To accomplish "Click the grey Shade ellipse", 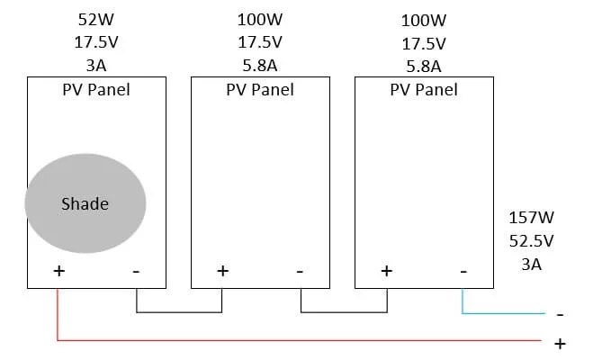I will point(85,204).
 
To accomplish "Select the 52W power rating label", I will point(95,19).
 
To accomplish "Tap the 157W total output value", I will point(530,218).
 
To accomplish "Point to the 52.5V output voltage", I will point(530,241).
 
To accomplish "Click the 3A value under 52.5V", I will point(530,265).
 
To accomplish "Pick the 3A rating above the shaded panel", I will point(95,66).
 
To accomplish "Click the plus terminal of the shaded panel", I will point(58,270).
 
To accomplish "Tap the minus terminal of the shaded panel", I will point(135,270).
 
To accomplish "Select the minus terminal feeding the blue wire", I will point(463,270).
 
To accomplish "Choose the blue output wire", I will point(504,314).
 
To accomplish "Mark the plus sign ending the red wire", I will point(560,343).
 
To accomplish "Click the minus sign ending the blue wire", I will point(560,315).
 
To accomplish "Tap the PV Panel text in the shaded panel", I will point(95,89).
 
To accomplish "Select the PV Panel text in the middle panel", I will point(259,89).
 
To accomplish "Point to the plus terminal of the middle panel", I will point(222,270).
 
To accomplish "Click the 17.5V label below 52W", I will point(95,42).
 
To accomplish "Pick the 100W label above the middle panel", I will point(259,19).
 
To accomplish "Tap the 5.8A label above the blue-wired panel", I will point(423,66).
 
